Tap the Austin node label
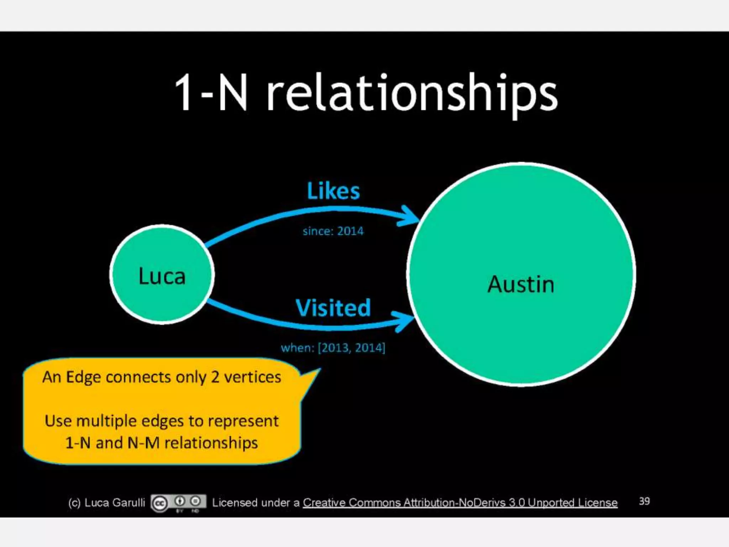click(521, 284)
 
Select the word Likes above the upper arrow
click(333, 191)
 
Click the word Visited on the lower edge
click(333, 308)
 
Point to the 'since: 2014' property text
click(333, 231)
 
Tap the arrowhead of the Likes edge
click(409, 215)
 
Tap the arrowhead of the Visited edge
click(404, 321)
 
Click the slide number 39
click(644, 501)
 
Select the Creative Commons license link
click(460, 502)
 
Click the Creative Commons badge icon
click(178, 503)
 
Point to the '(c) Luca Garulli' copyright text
click(106, 502)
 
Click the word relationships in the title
click(412, 93)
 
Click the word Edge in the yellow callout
click(83, 377)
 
